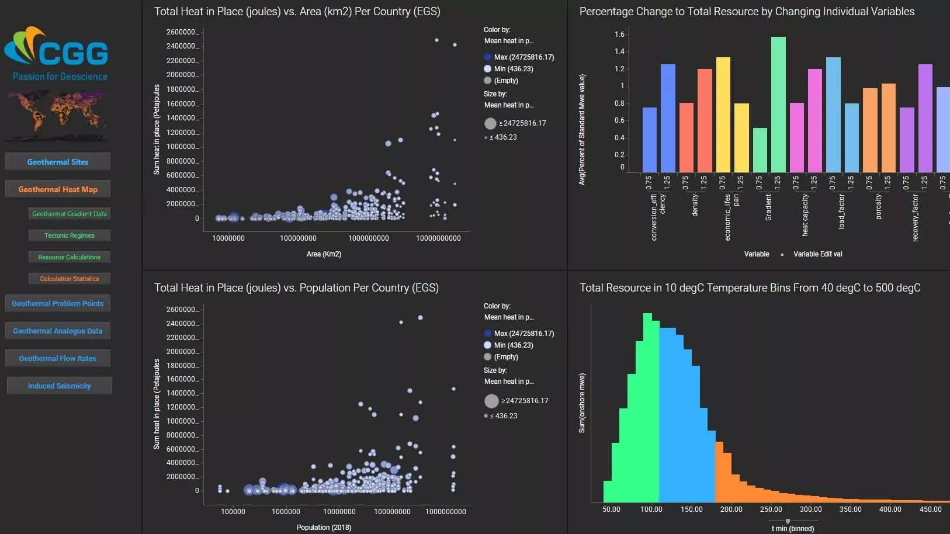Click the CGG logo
point(57,53)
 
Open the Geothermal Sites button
point(58,162)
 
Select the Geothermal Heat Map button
point(58,189)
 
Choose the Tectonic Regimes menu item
point(70,235)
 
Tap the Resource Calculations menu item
point(70,257)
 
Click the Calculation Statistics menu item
point(70,279)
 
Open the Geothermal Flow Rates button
point(58,358)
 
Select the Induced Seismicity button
point(59,386)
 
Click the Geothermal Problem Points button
point(58,303)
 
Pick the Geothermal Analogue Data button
point(58,331)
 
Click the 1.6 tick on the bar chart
point(619,34)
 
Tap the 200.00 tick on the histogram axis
point(731,509)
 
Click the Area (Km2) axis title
point(324,254)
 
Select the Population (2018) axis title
point(324,528)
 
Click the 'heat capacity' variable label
point(805,215)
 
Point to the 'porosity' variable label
point(879,207)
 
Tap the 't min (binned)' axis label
point(792,529)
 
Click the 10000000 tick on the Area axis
point(228,238)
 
